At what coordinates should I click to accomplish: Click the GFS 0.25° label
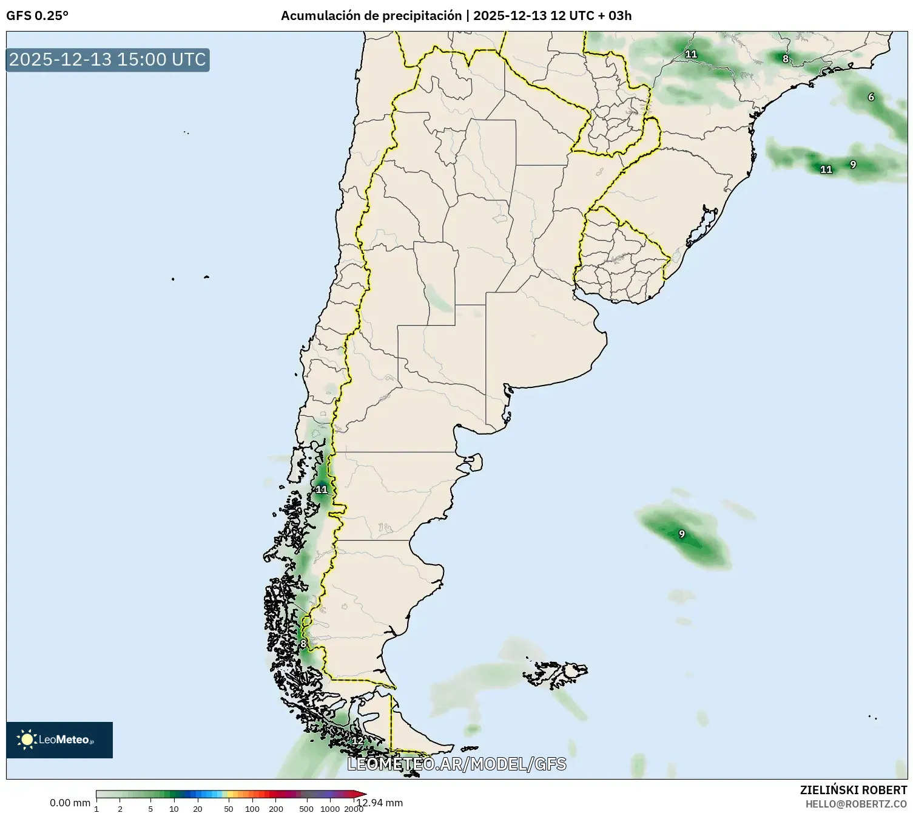[37, 16]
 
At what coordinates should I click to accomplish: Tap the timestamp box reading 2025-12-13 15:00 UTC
[107, 60]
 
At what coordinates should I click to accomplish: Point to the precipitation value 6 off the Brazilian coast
[871, 97]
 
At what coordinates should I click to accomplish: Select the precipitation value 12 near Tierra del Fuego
[357, 741]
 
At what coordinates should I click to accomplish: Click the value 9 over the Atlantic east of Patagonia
[682, 534]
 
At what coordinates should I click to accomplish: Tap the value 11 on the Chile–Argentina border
[322, 489]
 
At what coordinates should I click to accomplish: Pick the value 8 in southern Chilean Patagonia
[303, 644]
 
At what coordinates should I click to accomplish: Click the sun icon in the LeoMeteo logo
[27, 739]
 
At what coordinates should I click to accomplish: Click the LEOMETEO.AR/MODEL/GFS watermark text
[456, 764]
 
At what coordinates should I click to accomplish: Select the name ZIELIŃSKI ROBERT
[854, 790]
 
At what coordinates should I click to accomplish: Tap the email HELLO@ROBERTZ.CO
[856, 804]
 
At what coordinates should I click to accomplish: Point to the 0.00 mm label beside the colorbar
[70, 803]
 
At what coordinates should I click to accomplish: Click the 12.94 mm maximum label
[380, 803]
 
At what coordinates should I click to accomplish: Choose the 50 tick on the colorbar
[229, 809]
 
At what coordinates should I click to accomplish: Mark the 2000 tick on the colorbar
[354, 809]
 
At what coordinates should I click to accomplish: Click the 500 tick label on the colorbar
[306, 809]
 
